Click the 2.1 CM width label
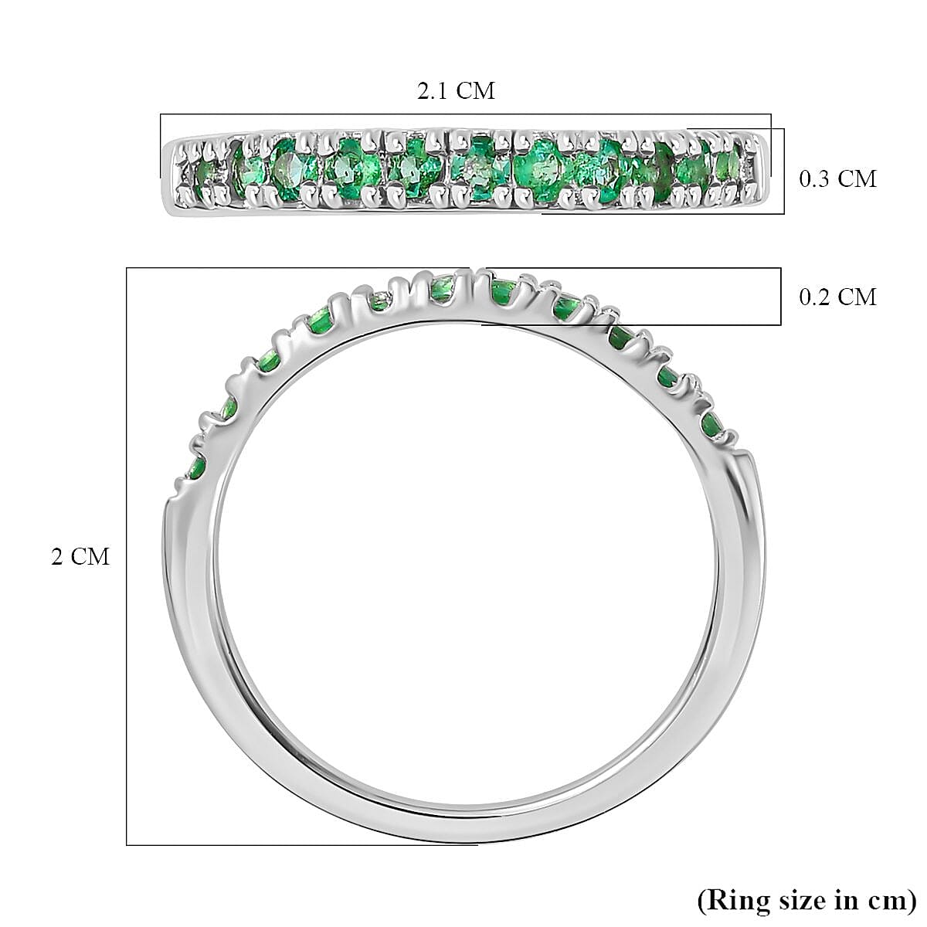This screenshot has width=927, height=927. (x=456, y=91)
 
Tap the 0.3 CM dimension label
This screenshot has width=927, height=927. (x=837, y=179)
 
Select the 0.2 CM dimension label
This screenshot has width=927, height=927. (x=837, y=297)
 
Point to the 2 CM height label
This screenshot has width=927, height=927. (x=80, y=557)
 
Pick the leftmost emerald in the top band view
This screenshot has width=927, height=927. (x=205, y=172)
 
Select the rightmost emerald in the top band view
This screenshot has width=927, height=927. (x=727, y=164)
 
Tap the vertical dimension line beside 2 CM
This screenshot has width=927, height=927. (x=127, y=556)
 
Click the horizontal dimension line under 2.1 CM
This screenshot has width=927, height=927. (x=463, y=114)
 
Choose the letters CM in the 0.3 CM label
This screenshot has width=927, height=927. (x=857, y=179)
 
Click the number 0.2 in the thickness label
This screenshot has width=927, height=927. (x=816, y=297)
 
